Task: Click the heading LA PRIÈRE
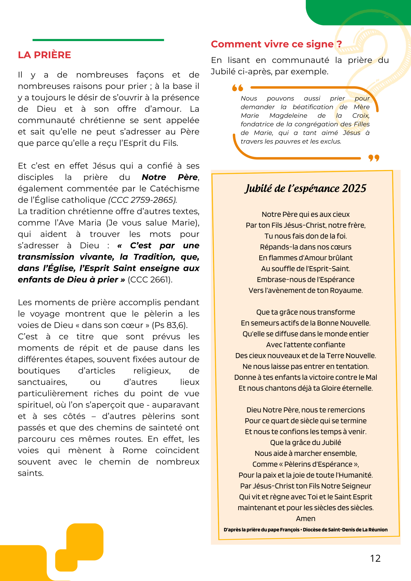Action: (44, 55)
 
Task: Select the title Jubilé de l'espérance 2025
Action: (305, 188)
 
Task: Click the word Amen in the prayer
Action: (305, 518)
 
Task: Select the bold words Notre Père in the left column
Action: (170, 177)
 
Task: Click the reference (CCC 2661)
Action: (150, 280)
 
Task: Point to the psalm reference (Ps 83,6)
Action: (170, 325)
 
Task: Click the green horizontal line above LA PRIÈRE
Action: (98, 40)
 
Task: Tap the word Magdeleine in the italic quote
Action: (288, 116)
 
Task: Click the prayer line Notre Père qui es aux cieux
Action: (305, 214)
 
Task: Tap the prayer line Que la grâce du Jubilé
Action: (305, 442)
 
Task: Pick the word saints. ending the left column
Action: (31, 473)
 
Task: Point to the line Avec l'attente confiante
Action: (305, 345)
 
